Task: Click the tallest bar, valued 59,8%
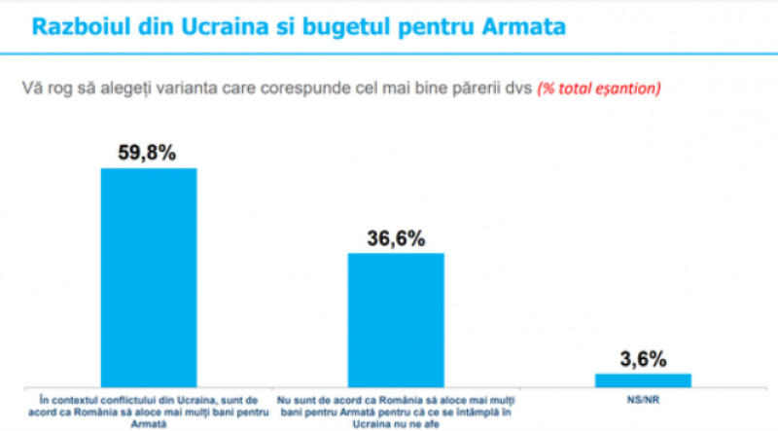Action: click(x=149, y=276)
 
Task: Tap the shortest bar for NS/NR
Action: click(x=644, y=379)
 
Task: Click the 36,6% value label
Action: click(x=395, y=236)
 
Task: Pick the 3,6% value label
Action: click(x=643, y=358)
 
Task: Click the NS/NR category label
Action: click(x=644, y=398)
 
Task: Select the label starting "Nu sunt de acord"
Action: click(x=395, y=410)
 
